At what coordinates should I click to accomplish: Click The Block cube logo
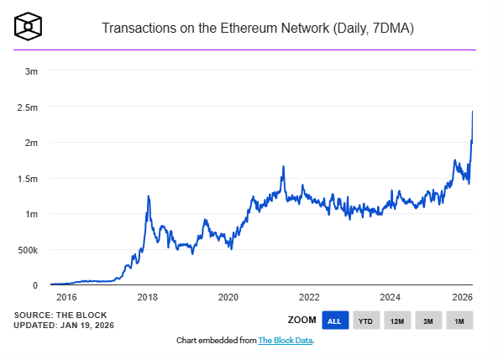pyautogui.click(x=28, y=27)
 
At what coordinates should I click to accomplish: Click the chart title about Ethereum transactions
pyautogui.click(x=258, y=29)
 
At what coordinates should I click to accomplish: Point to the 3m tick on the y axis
pyautogui.click(x=30, y=71)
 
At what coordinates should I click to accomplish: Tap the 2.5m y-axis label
pyautogui.click(x=27, y=107)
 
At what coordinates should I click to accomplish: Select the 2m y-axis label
pyautogui.click(x=30, y=143)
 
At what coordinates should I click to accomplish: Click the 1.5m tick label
pyautogui.click(x=27, y=179)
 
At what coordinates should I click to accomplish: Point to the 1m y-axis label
pyautogui.click(x=30, y=214)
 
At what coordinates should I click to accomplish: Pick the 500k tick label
pyautogui.click(x=27, y=250)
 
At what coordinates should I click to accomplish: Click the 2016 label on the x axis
pyautogui.click(x=66, y=297)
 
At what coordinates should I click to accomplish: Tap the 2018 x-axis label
pyautogui.click(x=147, y=297)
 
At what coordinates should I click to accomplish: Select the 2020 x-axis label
pyautogui.click(x=228, y=297)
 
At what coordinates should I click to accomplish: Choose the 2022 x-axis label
pyautogui.click(x=309, y=297)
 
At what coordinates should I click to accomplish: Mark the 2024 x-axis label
pyautogui.click(x=390, y=297)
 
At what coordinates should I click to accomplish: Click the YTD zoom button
pyautogui.click(x=365, y=321)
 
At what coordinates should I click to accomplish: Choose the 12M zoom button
pyautogui.click(x=396, y=321)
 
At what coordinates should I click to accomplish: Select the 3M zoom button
pyautogui.click(x=427, y=321)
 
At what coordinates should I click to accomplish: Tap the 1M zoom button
pyautogui.click(x=459, y=321)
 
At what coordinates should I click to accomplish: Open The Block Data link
pyautogui.click(x=285, y=341)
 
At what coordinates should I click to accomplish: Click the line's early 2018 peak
pyautogui.click(x=149, y=196)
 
